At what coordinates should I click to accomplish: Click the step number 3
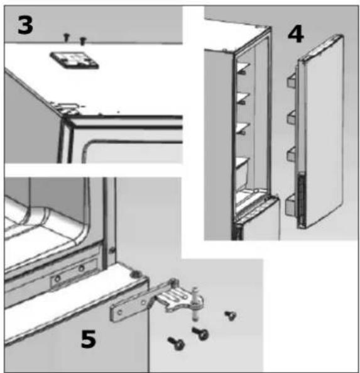pyautogui.click(x=25, y=25)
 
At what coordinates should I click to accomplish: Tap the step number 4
pyautogui.click(x=296, y=34)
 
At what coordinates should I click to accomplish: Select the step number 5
pyautogui.click(x=89, y=339)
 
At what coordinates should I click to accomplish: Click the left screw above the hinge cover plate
pyautogui.click(x=67, y=37)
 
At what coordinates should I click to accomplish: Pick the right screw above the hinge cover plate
pyautogui.click(x=82, y=41)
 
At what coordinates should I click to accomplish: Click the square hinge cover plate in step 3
pyautogui.click(x=74, y=60)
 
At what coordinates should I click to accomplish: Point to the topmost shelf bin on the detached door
pyautogui.click(x=292, y=80)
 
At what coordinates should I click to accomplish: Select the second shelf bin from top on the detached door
pyautogui.click(x=292, y=117)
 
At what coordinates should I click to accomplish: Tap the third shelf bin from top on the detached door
pyautogui.click(x=292, y=153)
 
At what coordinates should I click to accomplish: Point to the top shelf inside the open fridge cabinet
pyautogui.click(x=243, y=68)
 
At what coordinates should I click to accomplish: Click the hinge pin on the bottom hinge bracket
pyautogui.click(x=195, y=304)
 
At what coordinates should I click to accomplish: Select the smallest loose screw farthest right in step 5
pyautogui.click(x=231, y=316)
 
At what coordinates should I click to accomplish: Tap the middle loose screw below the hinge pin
pyautogui.click(x=200, y=333)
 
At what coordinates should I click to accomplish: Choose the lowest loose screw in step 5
pyautogui.click(x=176, y=343)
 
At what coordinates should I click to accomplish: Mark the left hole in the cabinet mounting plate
pyautogui.click(x=57, y=279)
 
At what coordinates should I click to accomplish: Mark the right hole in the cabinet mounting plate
pyautogui.click(x=82, y=269)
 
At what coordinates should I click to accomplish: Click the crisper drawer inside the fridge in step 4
pyautogui.click(x=243, y=171)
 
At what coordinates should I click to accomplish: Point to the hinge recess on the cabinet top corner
pyautogui.click(x=68, y=108)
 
